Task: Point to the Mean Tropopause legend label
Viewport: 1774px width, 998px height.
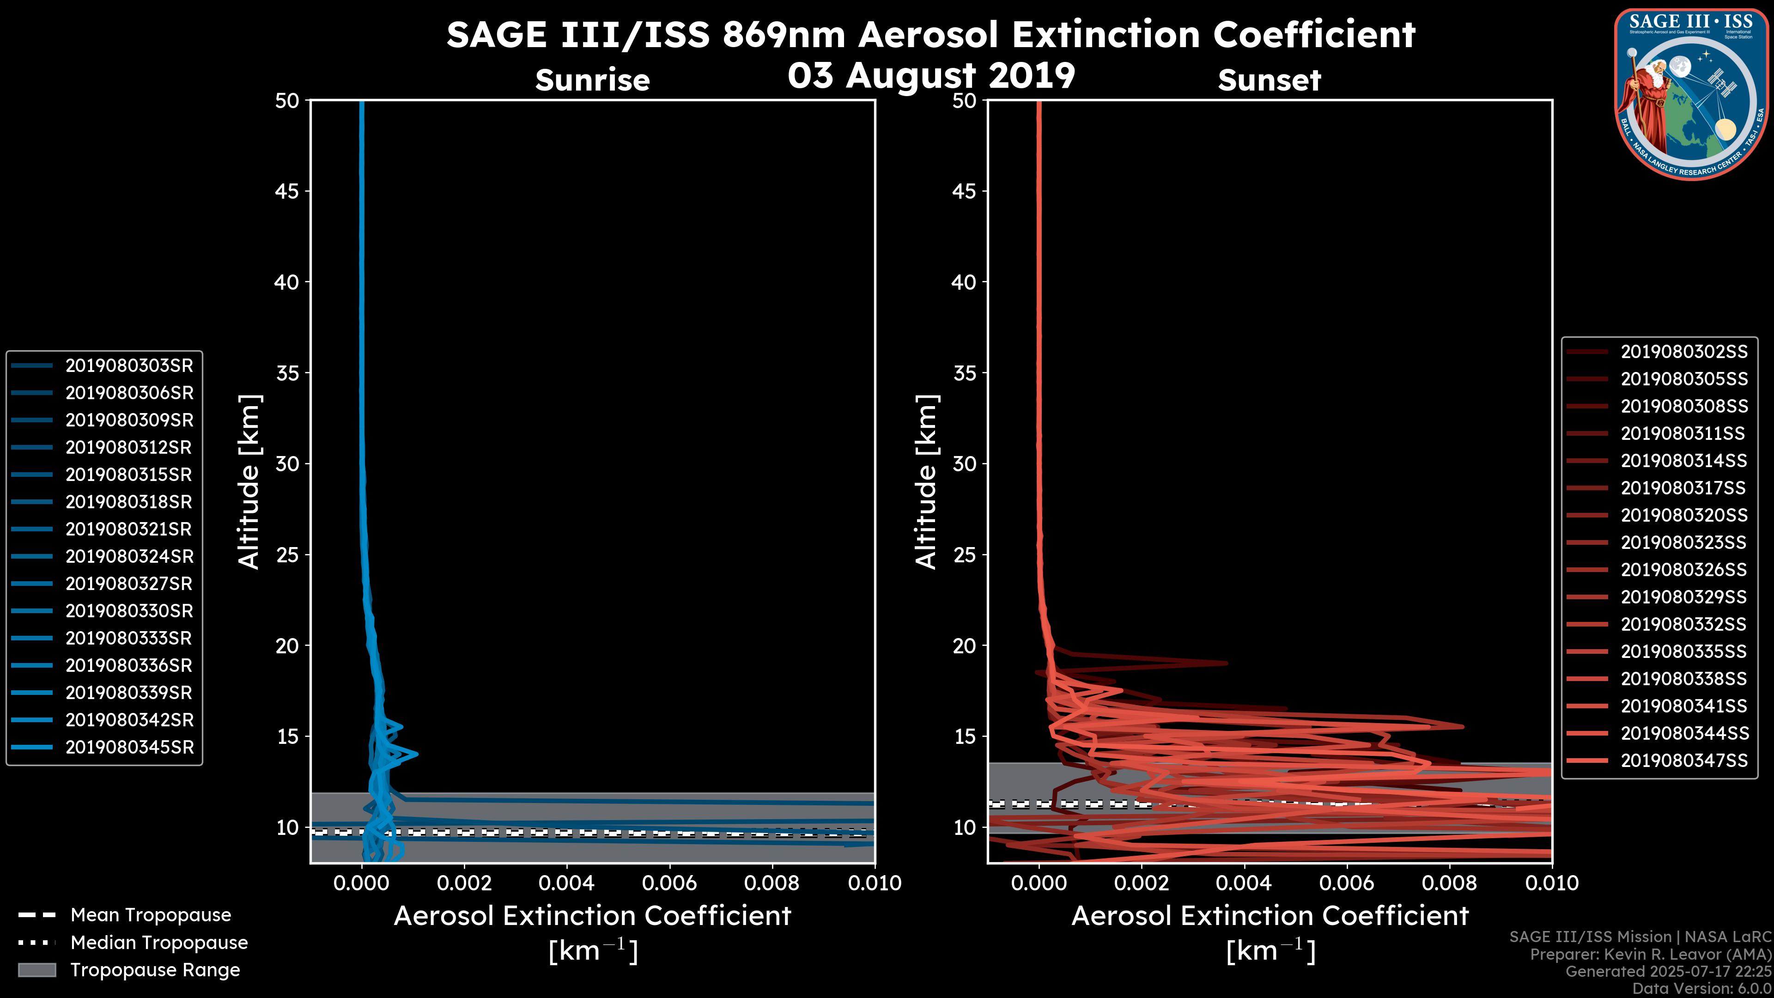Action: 151,915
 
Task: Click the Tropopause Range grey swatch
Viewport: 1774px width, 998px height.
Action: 36,970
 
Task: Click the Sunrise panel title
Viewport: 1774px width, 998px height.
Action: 592,80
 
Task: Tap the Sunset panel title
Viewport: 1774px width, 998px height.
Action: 1269,80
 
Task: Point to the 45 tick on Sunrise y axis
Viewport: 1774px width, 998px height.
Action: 287,191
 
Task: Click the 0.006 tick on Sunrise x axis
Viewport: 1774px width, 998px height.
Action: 669,883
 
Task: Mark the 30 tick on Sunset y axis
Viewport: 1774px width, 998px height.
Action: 964,463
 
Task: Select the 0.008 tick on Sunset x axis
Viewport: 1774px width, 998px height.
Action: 1450,883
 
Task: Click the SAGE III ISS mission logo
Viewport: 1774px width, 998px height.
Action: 1691,94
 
